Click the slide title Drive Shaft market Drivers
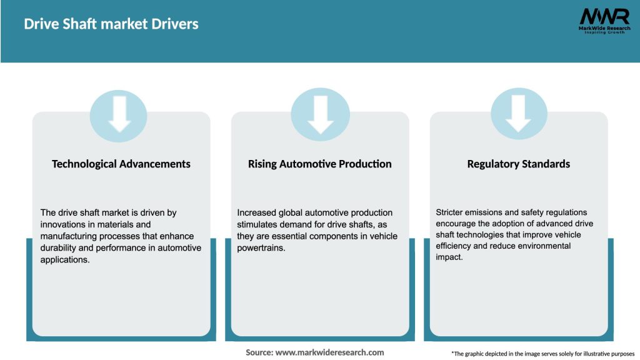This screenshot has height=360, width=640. [x=111, y=24]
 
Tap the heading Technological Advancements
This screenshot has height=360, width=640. [x=121, y=164]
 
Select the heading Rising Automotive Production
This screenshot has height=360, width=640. [x=320, y=164]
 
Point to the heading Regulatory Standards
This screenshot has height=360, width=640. [x=519, y=164]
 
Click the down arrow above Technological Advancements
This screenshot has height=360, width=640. [x=119, y=114]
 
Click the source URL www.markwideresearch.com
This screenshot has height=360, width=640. [x=329, y=352]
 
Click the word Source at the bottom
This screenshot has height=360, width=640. [x=259, y=352]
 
